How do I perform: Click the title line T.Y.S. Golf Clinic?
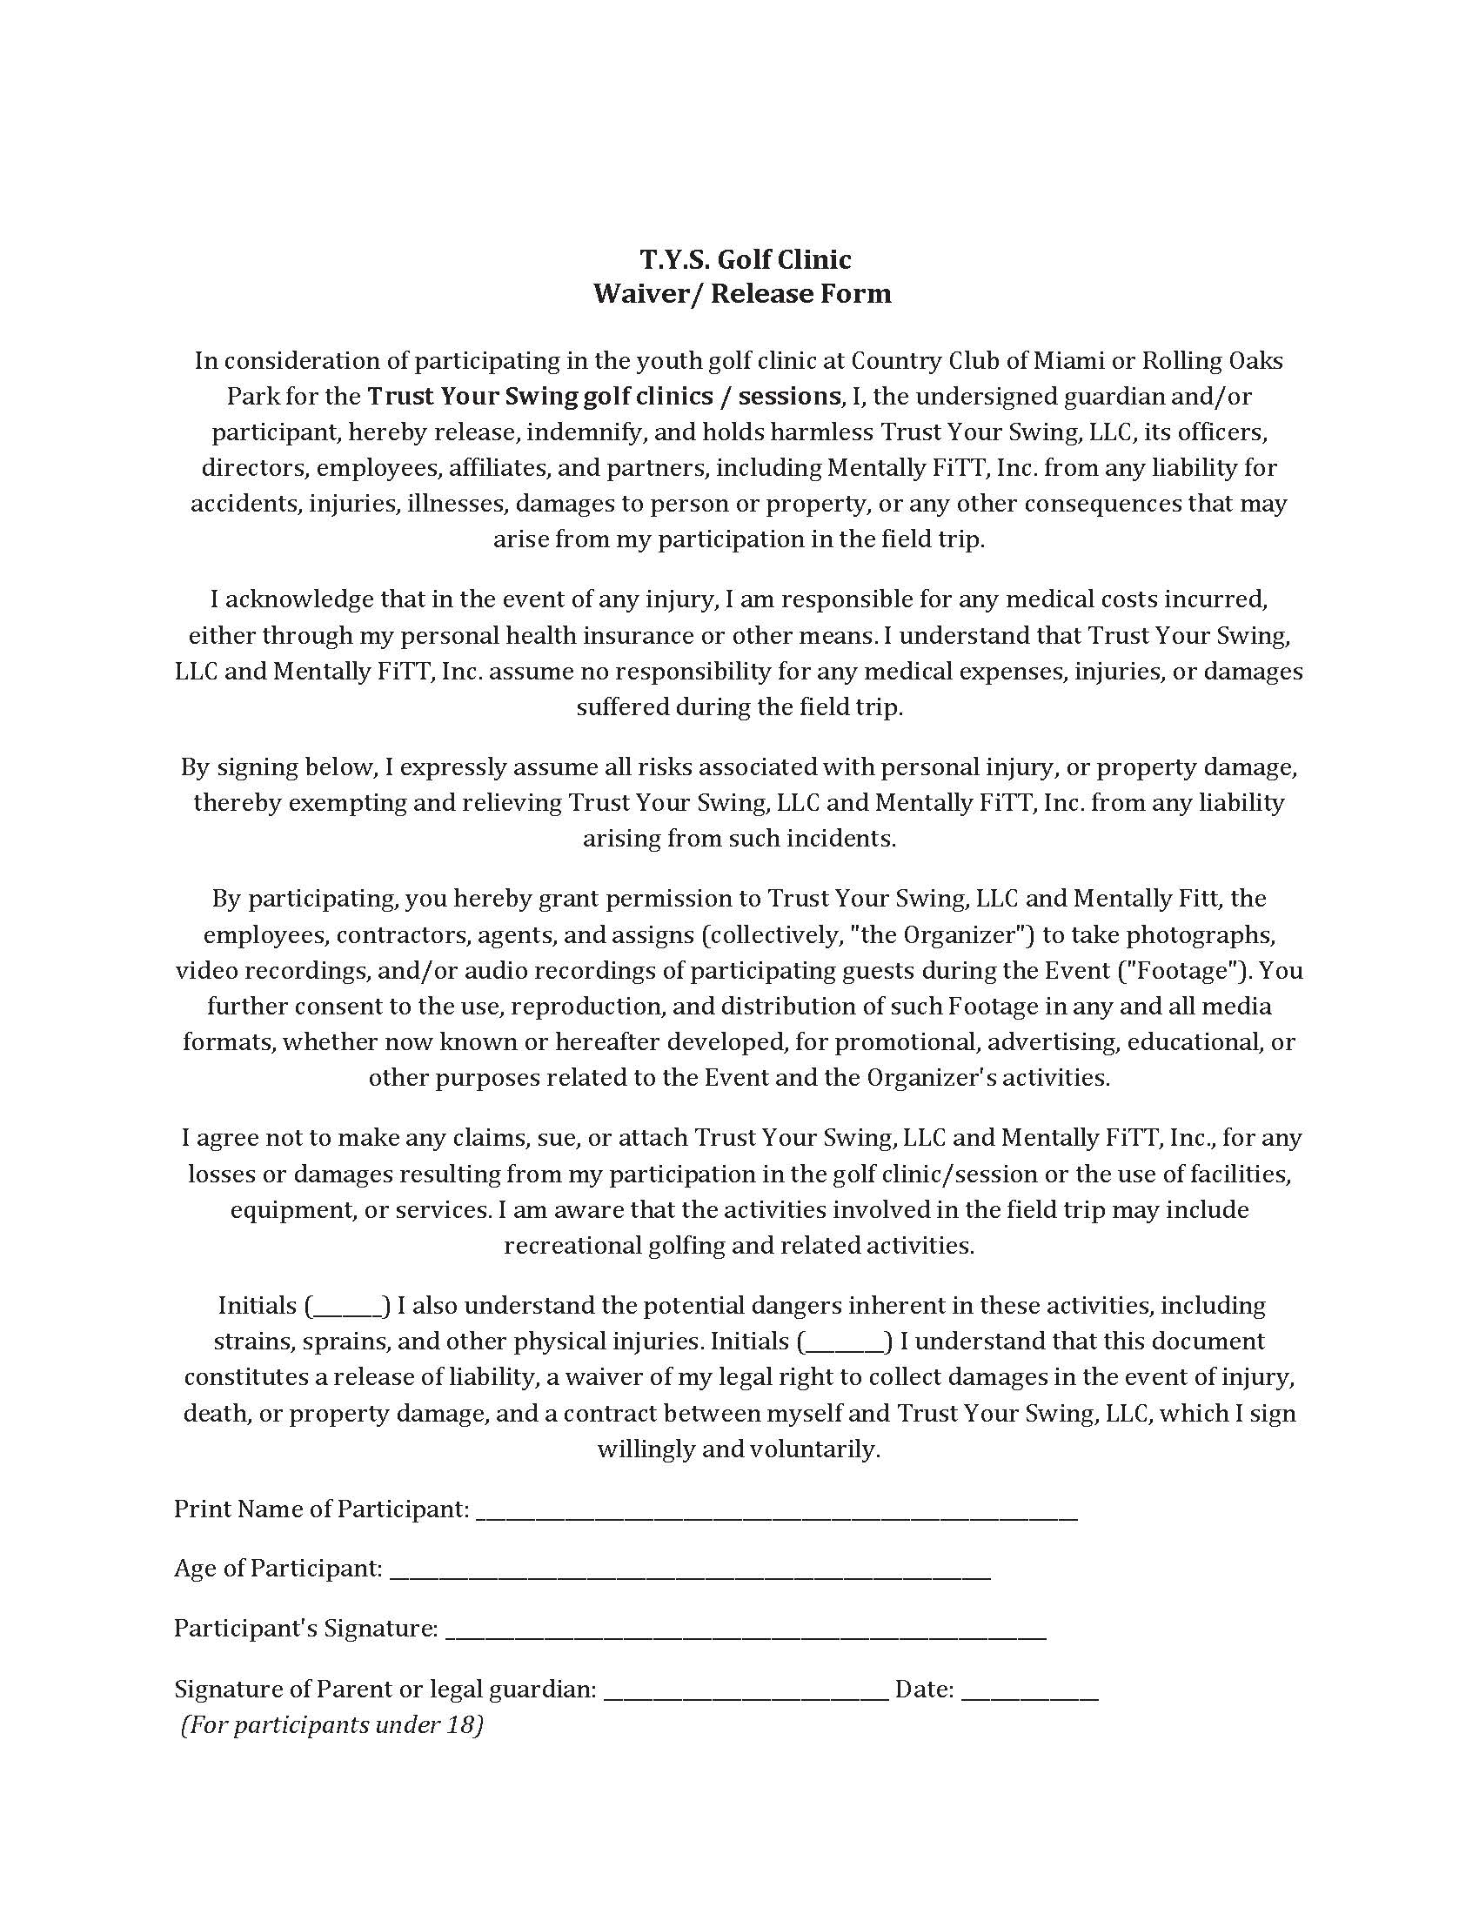pos(745,259)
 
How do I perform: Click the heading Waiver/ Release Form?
pos(742,292)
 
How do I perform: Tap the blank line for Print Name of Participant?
pos(776,1509)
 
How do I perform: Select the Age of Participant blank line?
pos(690,1569)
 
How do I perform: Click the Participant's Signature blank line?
pos(746,1629)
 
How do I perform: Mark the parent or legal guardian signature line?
pos(746,1689)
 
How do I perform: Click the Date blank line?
pos(1029,1689)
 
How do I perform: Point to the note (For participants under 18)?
pos(332,1724)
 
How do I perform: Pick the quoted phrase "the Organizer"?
pos(943,935)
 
